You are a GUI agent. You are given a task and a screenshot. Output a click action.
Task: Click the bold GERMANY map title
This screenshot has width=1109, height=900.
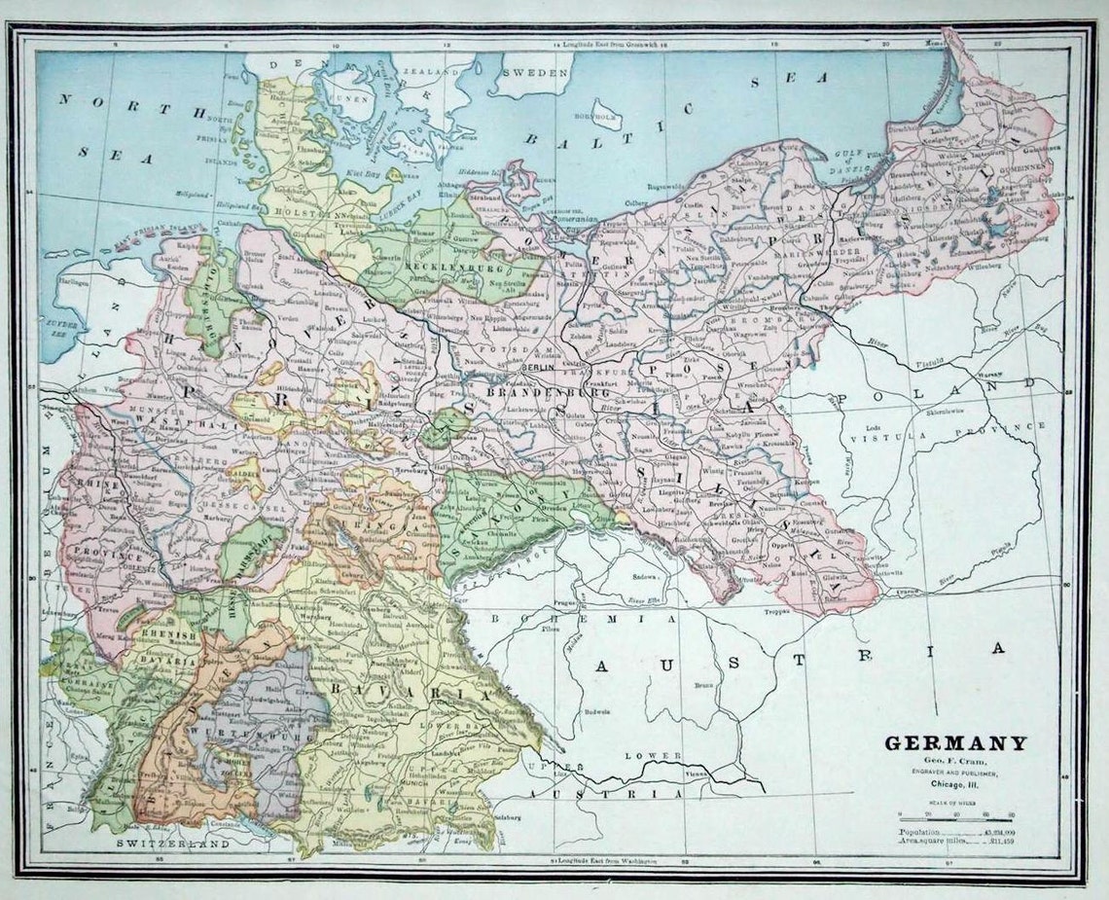954,743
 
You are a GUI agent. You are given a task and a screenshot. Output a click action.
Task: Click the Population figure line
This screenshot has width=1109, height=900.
955,834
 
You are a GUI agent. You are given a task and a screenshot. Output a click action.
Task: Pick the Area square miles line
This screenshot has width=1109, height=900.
955,845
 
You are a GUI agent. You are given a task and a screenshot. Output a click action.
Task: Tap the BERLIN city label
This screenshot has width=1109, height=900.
538,369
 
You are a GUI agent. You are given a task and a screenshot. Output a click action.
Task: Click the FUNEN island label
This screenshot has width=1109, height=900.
353,98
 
